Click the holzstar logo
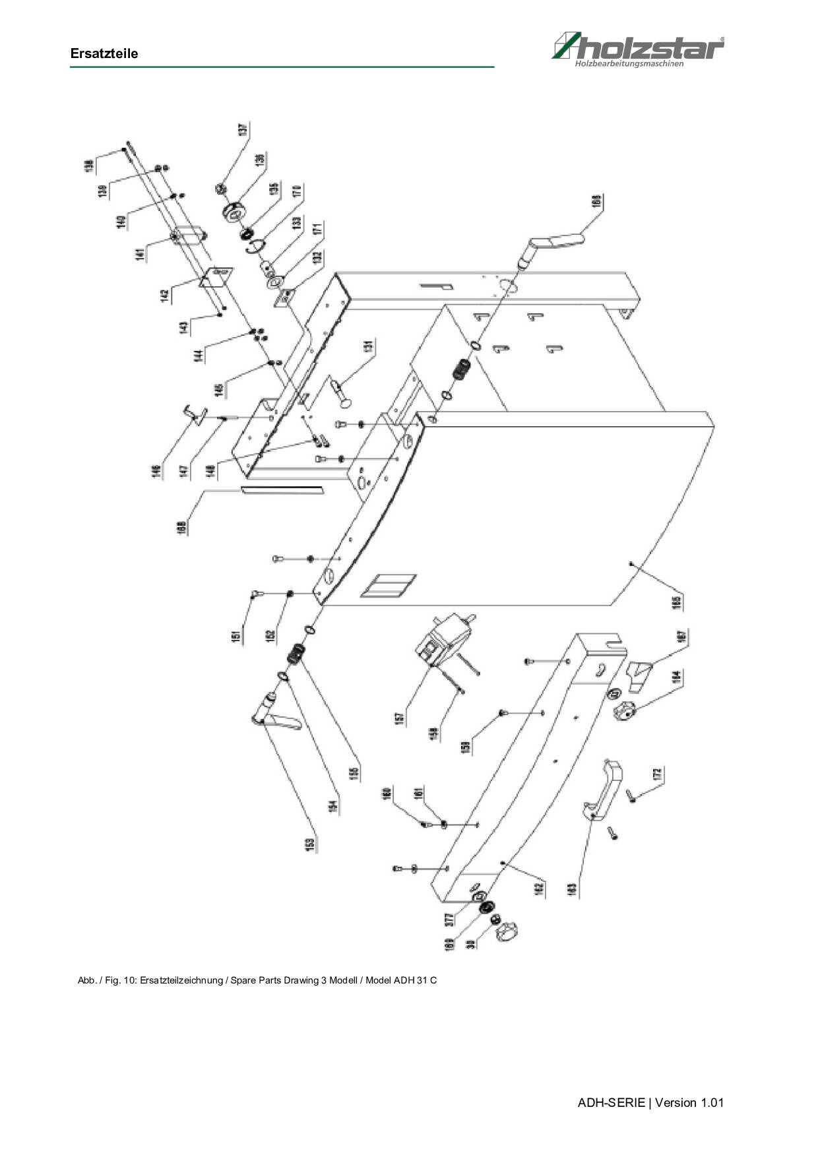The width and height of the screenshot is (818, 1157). (638, 49)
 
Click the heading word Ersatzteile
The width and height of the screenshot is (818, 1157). (104, 54)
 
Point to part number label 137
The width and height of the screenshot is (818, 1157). (243, 130)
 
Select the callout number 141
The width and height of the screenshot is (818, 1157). (140, 255)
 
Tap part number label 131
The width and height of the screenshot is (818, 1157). (369, 348)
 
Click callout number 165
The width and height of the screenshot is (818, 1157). (677, 602)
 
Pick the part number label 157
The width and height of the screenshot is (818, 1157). (399, 719)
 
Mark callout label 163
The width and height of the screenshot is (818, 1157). (572, 889)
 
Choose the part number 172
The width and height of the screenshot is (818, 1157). (657, 774)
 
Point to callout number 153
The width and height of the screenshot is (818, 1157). (310, 846)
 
